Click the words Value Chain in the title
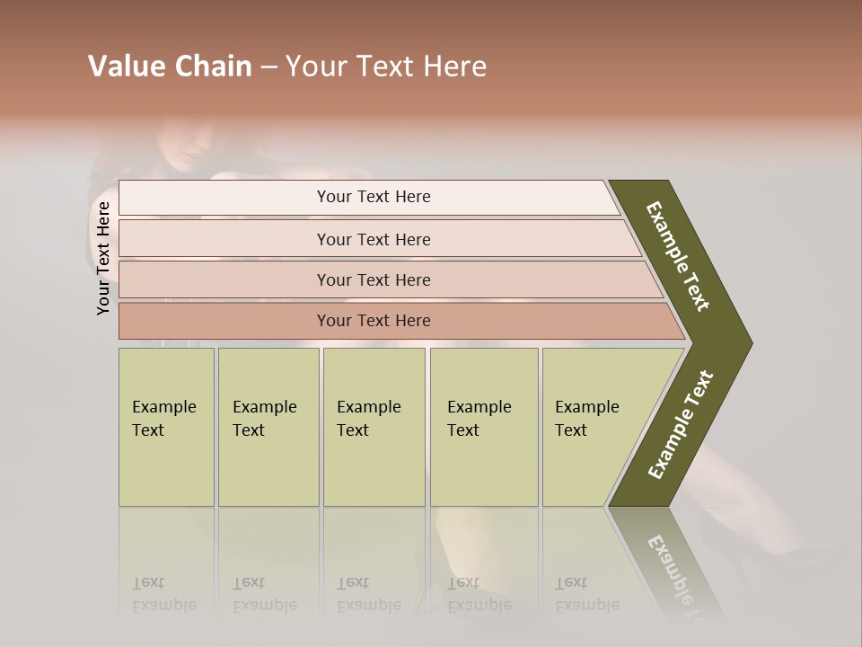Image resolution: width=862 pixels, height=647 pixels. [x=170, y=66]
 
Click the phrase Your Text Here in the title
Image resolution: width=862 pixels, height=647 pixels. [x=386, y=66]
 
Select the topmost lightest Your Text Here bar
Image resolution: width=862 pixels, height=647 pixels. [x=373, y=197]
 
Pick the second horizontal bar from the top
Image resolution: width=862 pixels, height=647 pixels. [x=373, y=239]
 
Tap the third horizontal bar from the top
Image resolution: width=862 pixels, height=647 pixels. [x=373, y=279]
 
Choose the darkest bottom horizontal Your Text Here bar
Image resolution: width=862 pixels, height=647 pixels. [x=373, y=321]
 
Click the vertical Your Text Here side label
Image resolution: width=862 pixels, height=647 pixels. [x=103, y=258]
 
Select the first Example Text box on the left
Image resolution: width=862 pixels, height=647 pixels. [x=166, y=427]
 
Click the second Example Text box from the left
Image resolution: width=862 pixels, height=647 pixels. [x=268, y=427]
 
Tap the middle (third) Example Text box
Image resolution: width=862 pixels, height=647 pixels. [x=373, y=427]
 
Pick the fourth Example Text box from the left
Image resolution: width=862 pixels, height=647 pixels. [x=483, y=427]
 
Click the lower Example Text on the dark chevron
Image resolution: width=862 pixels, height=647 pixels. [x=682, y=424]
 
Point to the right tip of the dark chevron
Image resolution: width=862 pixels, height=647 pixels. [x=750, y=343]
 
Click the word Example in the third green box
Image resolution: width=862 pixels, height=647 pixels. [x=368, y=407]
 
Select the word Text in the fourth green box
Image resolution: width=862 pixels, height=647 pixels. [x=463, y=430]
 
